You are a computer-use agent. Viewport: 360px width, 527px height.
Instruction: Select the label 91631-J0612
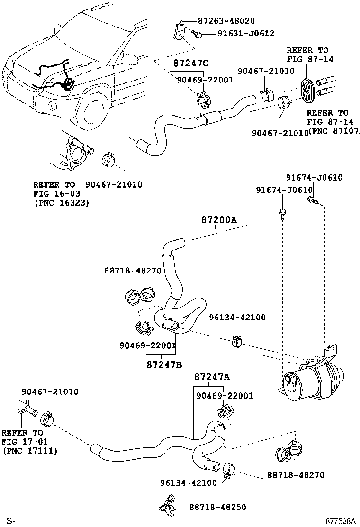point(246,34)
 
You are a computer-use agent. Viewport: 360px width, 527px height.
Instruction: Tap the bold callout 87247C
point(191,63)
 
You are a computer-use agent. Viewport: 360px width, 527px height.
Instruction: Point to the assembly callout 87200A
point(218,220)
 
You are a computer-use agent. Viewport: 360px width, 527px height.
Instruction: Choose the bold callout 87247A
point(211,377)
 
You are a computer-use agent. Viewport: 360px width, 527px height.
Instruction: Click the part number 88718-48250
point(217,507)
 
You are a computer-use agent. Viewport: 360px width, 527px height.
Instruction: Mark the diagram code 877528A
point(340,521)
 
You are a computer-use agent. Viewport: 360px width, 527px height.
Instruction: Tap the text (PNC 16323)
point(62,203)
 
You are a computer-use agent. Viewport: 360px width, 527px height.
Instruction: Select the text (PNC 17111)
point(30,451)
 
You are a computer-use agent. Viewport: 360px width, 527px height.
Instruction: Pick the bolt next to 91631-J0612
point(198,34)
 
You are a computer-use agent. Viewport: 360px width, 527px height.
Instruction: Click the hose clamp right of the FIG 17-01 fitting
point(47,417)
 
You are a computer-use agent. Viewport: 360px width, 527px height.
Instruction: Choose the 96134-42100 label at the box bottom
point(189,483)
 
